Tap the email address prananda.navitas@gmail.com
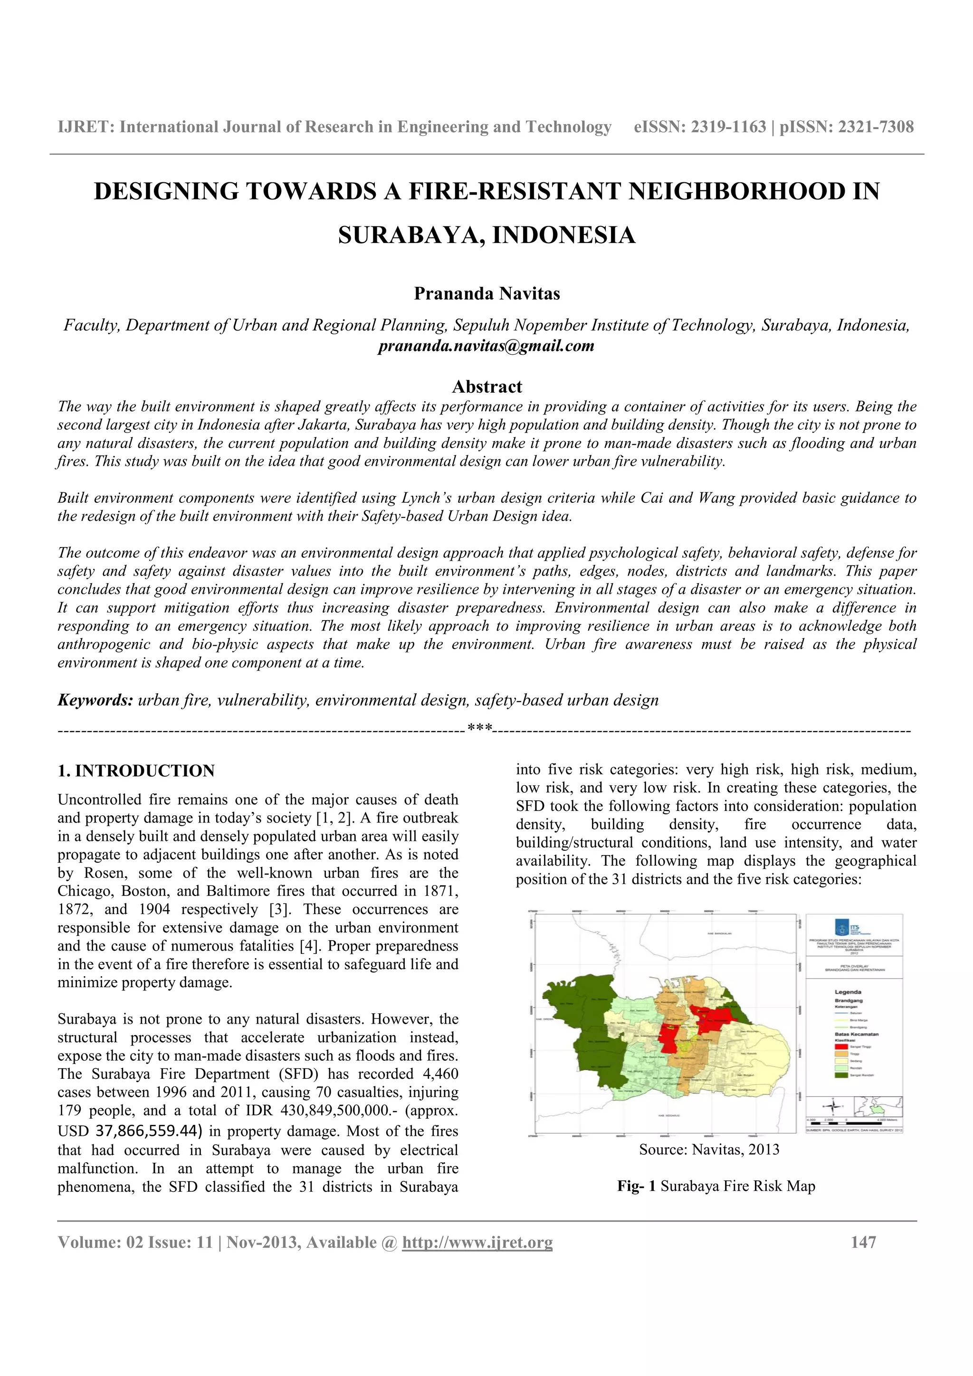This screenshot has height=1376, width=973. (x=486, y=347)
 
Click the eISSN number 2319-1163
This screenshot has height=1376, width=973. (x=728, y=127)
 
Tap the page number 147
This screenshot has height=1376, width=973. (x=863, y=1243)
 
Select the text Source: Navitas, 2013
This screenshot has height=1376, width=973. (x=709, y=1150)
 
